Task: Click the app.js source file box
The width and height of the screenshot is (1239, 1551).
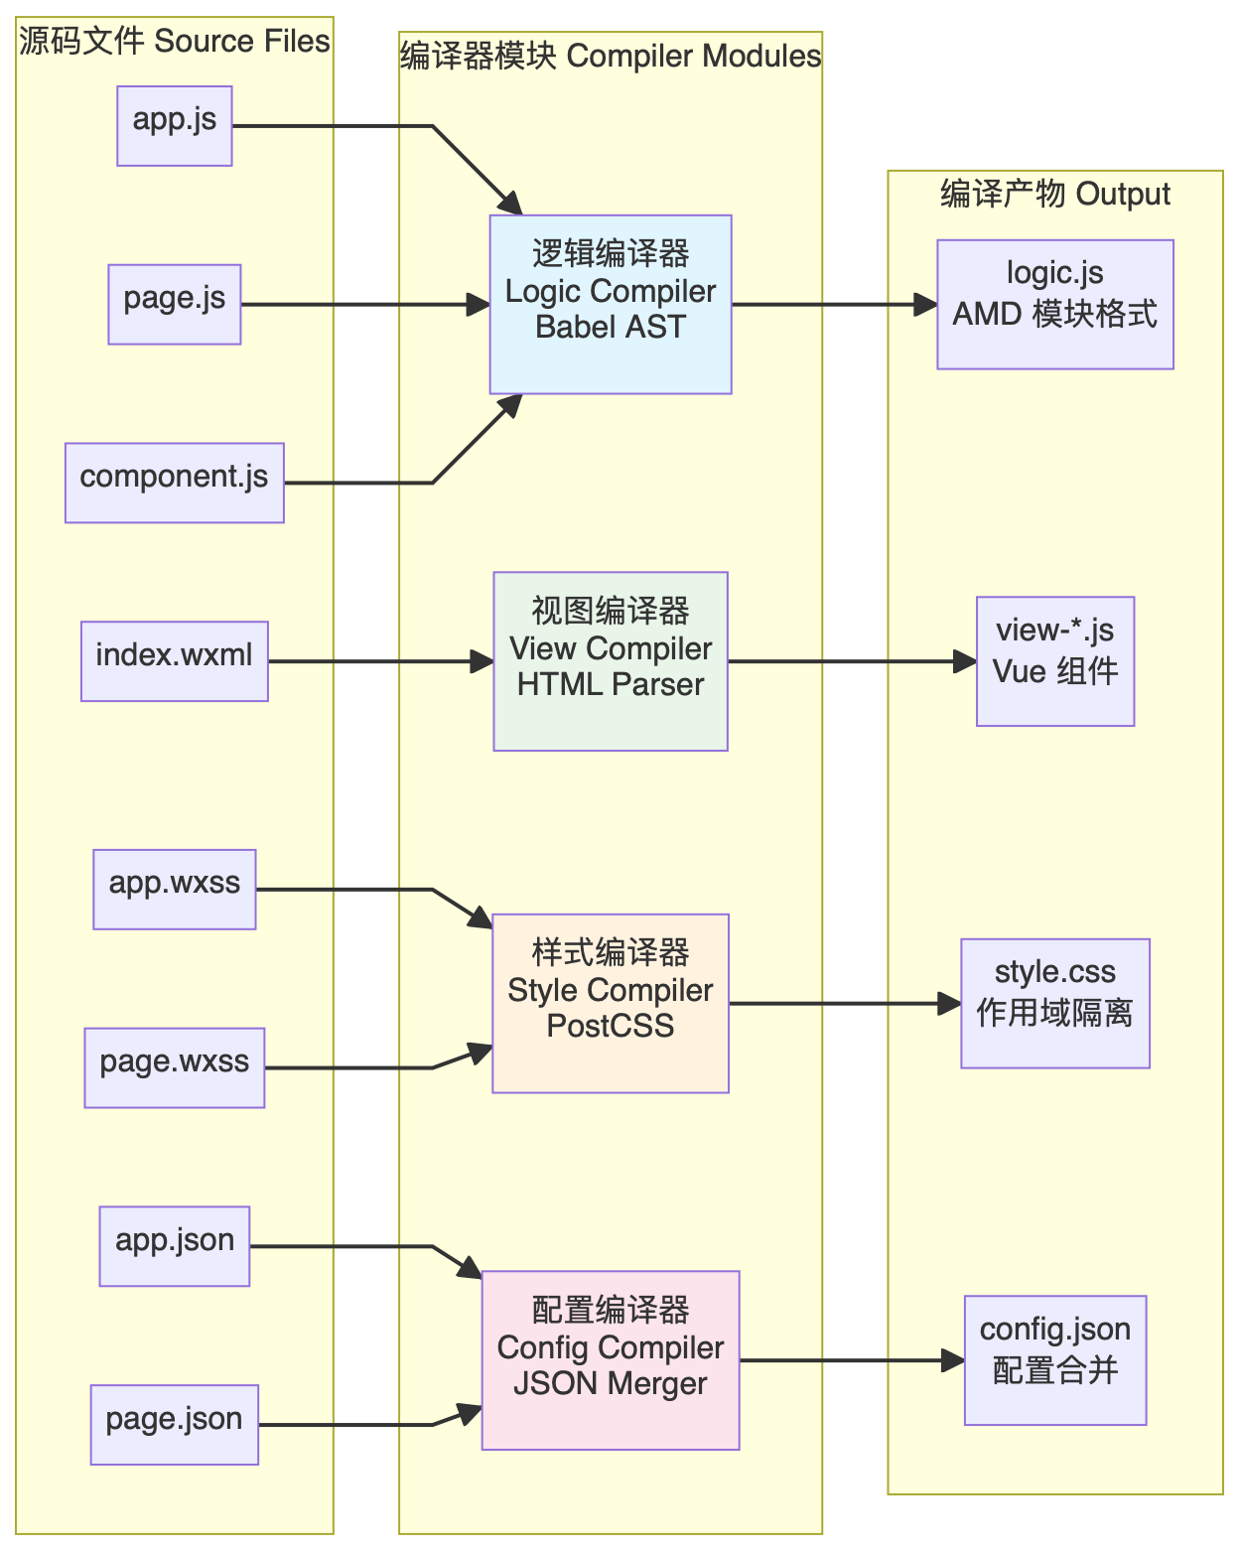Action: point(175,126)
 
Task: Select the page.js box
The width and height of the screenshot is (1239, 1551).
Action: point(175,305)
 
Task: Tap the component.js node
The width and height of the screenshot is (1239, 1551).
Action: point(175,483)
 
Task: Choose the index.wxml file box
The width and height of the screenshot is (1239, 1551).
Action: point(175,661)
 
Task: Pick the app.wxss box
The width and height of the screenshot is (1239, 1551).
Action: point(175,890)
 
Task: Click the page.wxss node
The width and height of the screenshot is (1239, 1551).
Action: point(175,1067)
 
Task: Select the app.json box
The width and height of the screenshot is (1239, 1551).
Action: point(175,1246)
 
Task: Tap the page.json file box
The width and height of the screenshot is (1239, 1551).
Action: point(175,1425)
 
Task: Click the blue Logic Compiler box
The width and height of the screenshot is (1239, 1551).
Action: point(611,305)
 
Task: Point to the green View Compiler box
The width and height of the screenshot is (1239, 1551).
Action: point(611,661)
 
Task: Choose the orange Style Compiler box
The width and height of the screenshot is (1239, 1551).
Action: point(611,1004)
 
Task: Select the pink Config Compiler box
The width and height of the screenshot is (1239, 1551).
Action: point(611,1360)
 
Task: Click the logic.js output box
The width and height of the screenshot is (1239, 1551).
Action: point(1055,305)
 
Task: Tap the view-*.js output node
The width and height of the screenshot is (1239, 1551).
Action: point(1055,661)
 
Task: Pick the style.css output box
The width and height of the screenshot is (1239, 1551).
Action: point(1055,1004)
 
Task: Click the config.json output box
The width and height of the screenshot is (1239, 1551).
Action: point(1055,1360)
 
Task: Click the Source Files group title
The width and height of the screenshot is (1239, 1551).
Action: point(175,42)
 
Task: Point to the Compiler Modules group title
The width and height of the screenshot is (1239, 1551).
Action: point(611,57)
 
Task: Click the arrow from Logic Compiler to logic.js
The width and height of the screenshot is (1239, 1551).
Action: point(834,305)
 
